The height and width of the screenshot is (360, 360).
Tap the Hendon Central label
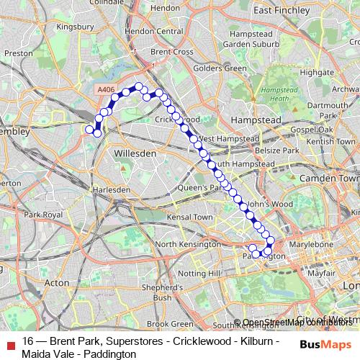[153, 32]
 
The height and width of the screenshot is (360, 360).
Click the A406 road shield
[105, 89]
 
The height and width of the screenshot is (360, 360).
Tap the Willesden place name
[135, 153]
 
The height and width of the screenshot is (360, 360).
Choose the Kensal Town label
[189, 217]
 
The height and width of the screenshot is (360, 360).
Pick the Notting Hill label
[192, 274]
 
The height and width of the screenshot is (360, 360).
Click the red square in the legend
[10, 343]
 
